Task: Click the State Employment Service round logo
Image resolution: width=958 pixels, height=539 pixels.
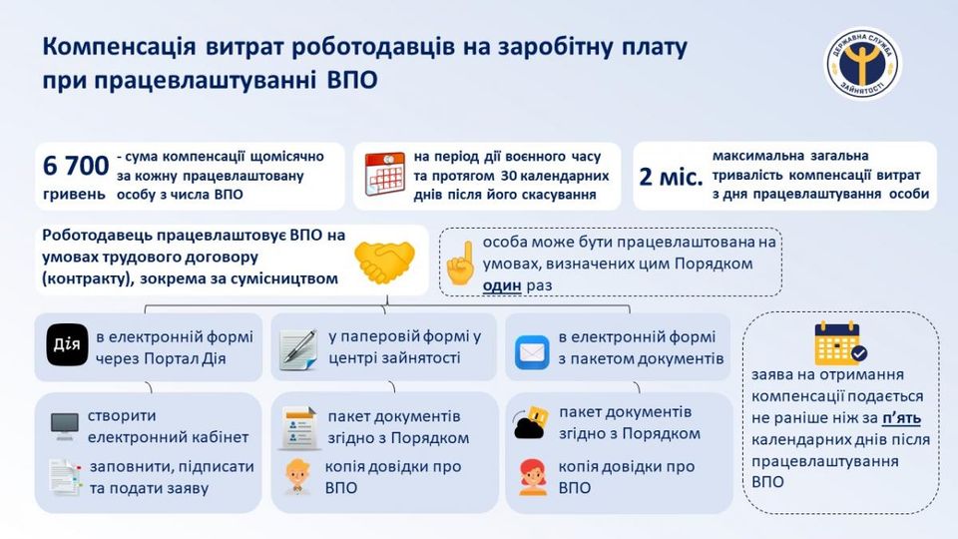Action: click(862, 64)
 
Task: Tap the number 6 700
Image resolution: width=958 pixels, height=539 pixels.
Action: click(76, 166)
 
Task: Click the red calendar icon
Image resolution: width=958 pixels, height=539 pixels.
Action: click(385, 174)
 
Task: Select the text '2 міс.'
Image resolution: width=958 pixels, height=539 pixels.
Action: click(671, 177)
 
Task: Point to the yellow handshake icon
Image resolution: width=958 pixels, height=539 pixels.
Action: click(384, 262)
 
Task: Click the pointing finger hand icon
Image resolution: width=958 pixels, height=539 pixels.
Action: click(461, 264)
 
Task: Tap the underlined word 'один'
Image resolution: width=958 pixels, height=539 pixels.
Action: click(502, 285)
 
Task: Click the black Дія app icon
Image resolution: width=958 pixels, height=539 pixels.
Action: click(67, 345)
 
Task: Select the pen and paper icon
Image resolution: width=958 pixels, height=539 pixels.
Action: click(298, 349)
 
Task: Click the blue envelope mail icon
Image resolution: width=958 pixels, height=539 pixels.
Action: click(532, 352)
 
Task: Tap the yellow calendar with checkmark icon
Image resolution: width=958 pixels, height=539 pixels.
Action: click(840, 342)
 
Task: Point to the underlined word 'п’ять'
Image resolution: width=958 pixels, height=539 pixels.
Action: click(901, 418)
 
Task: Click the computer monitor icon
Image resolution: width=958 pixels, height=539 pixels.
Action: click(64, 425)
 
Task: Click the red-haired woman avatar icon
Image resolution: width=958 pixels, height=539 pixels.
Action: click(533, 477)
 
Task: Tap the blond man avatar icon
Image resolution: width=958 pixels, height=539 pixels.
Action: click(297, 476)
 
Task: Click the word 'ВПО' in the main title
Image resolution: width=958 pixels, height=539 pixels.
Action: click(352, 80)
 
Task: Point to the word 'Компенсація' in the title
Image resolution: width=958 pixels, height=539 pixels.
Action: click(119, 48)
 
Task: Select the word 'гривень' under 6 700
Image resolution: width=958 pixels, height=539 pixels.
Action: click(74, 195)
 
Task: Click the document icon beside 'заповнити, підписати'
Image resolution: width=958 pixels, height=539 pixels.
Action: click(65, 477)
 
